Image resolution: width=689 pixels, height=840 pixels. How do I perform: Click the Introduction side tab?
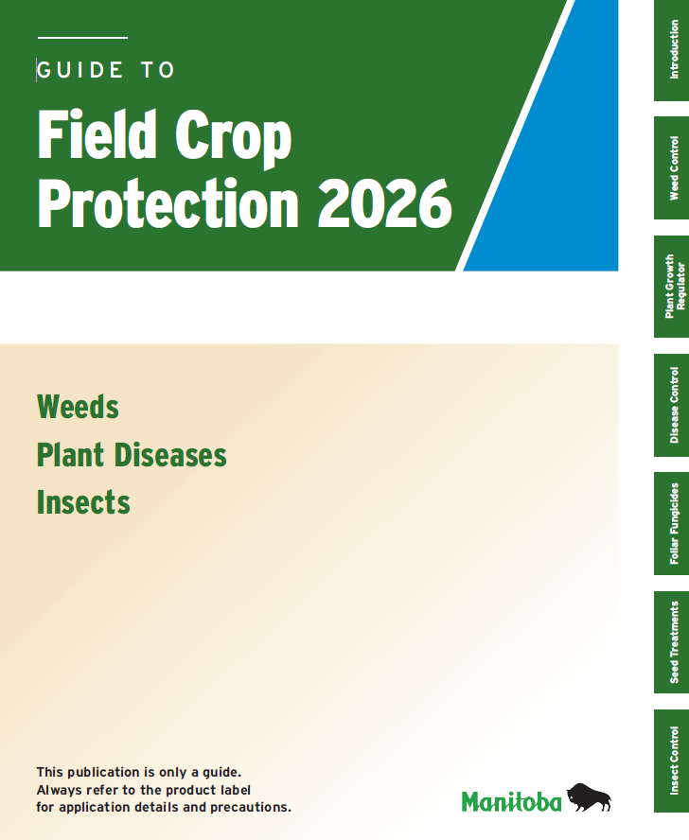[x=672, y=50]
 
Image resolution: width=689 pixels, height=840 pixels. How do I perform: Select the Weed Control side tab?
[x=672, y=168]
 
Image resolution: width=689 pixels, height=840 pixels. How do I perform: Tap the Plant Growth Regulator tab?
[x=672, y=287]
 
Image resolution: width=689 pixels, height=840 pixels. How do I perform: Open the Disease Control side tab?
[x=672, y=406]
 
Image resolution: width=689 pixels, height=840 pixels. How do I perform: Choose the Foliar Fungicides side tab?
[x=672, y=523]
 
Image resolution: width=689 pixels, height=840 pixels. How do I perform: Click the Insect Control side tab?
[x=672, y=761]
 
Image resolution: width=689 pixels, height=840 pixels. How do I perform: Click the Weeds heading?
[x=78, y=408]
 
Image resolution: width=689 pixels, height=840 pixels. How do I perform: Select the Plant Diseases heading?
[x=132, y=455]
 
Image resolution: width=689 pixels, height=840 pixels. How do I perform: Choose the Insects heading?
[x=83, y=502]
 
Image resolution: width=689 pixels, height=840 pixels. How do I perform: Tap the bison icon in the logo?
[x=589, y=798]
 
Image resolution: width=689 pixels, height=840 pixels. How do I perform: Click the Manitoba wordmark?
[x=511, y=802]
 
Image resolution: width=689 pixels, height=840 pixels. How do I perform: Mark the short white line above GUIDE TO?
[x=81, y=38]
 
